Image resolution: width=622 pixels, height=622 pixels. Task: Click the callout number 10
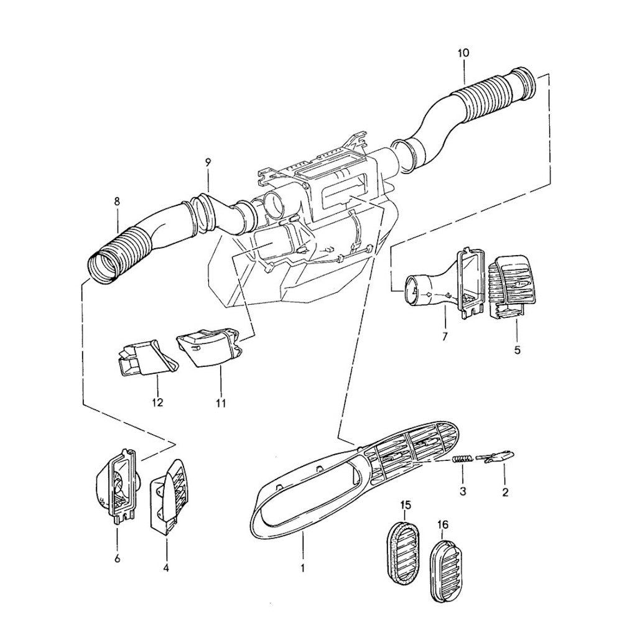click(463, 53)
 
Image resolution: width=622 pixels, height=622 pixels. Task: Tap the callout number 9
click(208, 163)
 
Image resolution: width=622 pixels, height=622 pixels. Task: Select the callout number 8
click(117, 202)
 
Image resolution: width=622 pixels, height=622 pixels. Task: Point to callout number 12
click(157, 402)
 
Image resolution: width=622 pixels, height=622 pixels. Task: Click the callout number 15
click(405, 504)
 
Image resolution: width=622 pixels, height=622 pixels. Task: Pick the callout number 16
click(443, 526)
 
